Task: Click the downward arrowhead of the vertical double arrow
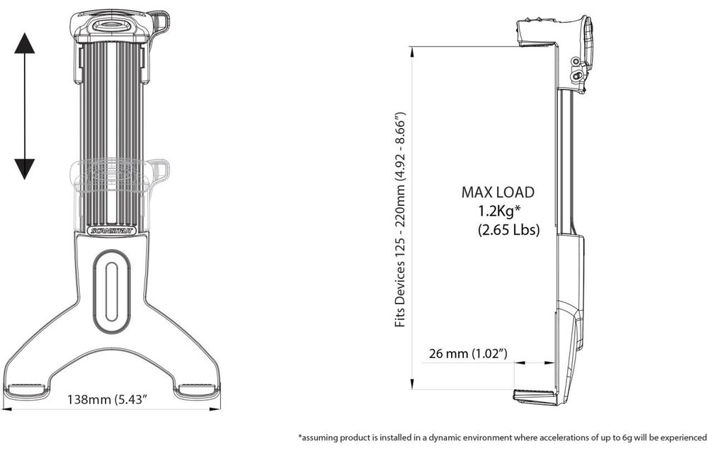pos(25,168)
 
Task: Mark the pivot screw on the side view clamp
pos(578,73)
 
